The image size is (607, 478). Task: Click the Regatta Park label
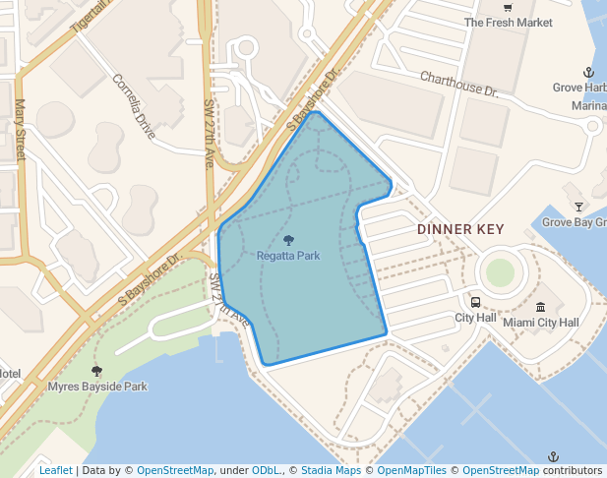(x=288, y=256)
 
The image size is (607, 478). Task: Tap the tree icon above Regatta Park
(x=288, y=240)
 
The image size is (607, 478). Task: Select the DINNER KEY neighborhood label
(x=460, y=229)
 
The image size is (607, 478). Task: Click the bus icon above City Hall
(x=475, y=303)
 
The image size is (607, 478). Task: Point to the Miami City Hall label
(x=540, y=323)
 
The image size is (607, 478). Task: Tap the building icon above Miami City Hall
(x=540, y=307)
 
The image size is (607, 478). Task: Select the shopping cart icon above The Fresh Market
(x=508, y=7)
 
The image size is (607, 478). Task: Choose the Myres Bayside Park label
(x=97, y=387)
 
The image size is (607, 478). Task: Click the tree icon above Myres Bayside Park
(x=96, y=371)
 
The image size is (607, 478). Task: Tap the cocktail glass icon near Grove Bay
(x=578, y=207)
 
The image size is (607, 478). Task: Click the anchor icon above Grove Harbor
(x=588, y=72)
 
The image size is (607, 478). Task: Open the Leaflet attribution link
(x=56, y=471)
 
